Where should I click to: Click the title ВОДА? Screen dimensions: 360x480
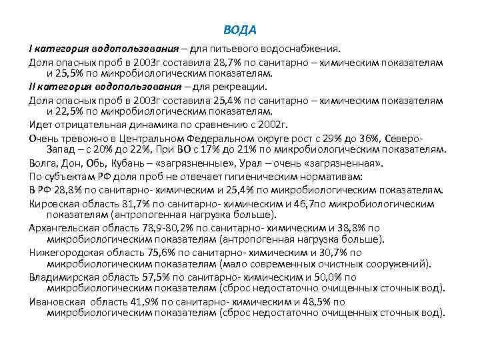(240, 31)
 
